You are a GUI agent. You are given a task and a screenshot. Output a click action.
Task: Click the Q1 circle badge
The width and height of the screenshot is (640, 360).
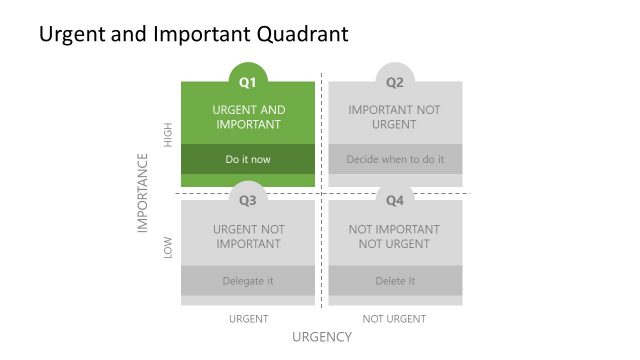pyautogui.click(x=248, y=81)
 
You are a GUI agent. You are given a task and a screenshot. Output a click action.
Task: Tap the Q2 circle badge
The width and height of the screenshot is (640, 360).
pyautogui.click(x=395, y=81)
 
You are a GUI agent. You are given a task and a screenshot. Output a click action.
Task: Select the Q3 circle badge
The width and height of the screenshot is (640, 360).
pyautogui.click(x=248, y=200)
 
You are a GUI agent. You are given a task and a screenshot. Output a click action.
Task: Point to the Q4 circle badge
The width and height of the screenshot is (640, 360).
pyautogui.click(x=395, y=200)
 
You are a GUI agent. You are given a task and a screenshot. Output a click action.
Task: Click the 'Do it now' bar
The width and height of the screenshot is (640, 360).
pyautogui.click(x=248, y=159)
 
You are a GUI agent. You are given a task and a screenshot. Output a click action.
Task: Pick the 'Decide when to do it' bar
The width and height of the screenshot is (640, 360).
pyautogui.click(x=395, y=159)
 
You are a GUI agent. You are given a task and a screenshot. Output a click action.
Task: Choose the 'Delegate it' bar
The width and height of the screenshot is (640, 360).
pyautogui.click(x=248, y=281)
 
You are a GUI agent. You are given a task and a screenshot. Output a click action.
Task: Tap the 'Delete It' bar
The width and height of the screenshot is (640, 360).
pyautogui.click(x=395, y=281)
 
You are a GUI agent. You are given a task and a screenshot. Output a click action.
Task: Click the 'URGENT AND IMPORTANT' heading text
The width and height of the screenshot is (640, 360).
pyautogui.click(x=248, y=117)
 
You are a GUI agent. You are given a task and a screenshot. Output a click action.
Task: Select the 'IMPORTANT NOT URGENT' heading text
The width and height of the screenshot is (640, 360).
pyautogui.click(x=395, y=117)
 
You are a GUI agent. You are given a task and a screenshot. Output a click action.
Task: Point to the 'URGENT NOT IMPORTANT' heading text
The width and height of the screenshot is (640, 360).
pyautogui.click(x=248, y=236)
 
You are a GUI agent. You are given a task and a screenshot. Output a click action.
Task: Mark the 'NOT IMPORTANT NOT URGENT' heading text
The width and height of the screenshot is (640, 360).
pyautogui.click(x=395, y=236)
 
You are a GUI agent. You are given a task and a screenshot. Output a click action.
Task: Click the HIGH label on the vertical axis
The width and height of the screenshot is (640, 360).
pyautogui.click(x=168, y=134)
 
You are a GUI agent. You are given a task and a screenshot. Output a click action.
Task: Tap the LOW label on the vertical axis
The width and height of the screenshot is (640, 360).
pyautogui.click(x=168, y=248)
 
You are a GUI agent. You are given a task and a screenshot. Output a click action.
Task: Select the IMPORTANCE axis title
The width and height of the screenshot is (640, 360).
pyautogui.click(x=143, y=193)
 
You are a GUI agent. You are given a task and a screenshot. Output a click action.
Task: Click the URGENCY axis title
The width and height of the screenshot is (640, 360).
pyautogui.click(x=322, y=337)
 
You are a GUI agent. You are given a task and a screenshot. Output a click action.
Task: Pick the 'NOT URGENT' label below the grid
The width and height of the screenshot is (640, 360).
pyautogui.click(x=395, y=319)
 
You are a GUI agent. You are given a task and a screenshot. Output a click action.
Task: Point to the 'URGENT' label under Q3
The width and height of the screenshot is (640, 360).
pyautogui.click(x=248, y=319)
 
